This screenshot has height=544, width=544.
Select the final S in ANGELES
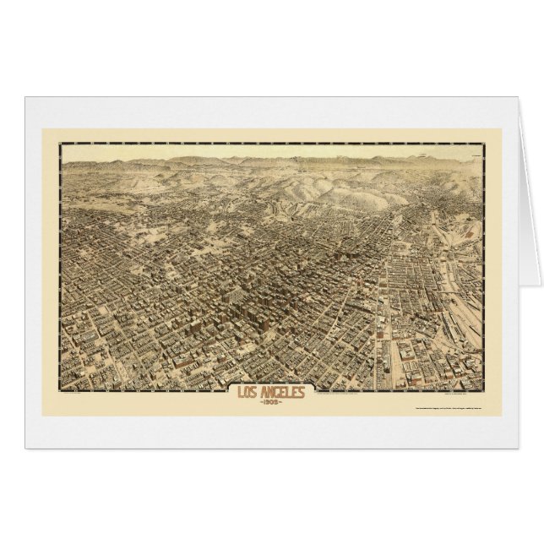(294, 392)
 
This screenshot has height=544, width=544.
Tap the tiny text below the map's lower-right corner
(465, 389)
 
